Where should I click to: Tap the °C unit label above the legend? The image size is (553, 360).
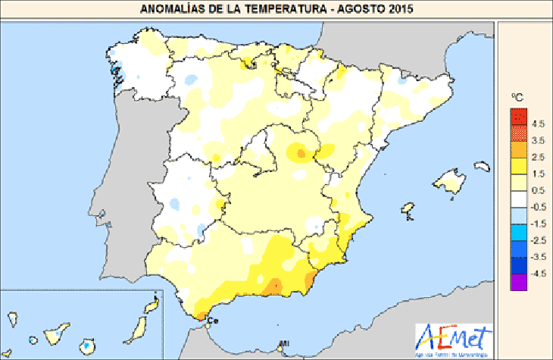[x=517, y=98]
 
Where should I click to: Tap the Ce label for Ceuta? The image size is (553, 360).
[x=211, y=320]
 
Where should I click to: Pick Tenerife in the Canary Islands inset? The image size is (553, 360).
[x=58, y=332]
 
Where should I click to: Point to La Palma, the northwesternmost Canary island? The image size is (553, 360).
[x=12, y=318]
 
